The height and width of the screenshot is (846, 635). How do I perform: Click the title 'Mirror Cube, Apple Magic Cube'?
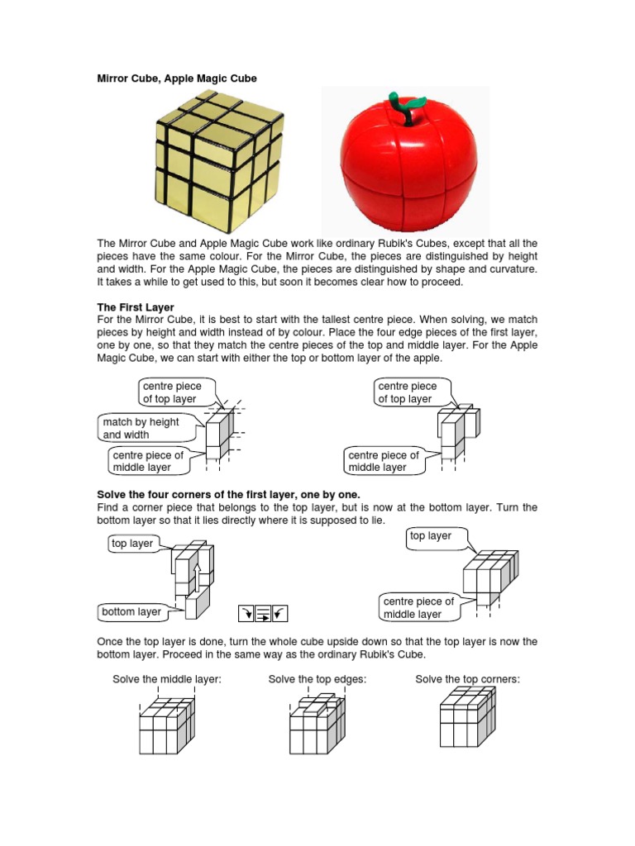pos(177,78)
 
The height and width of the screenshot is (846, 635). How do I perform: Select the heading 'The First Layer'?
pos(136,307)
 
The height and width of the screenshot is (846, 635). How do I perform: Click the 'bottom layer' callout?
pos(131,612)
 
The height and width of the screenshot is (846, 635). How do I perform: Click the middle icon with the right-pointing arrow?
pos(262,612)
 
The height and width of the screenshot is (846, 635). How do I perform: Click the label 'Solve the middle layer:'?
pos(167,679)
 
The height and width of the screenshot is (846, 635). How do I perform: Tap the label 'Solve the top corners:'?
pos(467,679)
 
